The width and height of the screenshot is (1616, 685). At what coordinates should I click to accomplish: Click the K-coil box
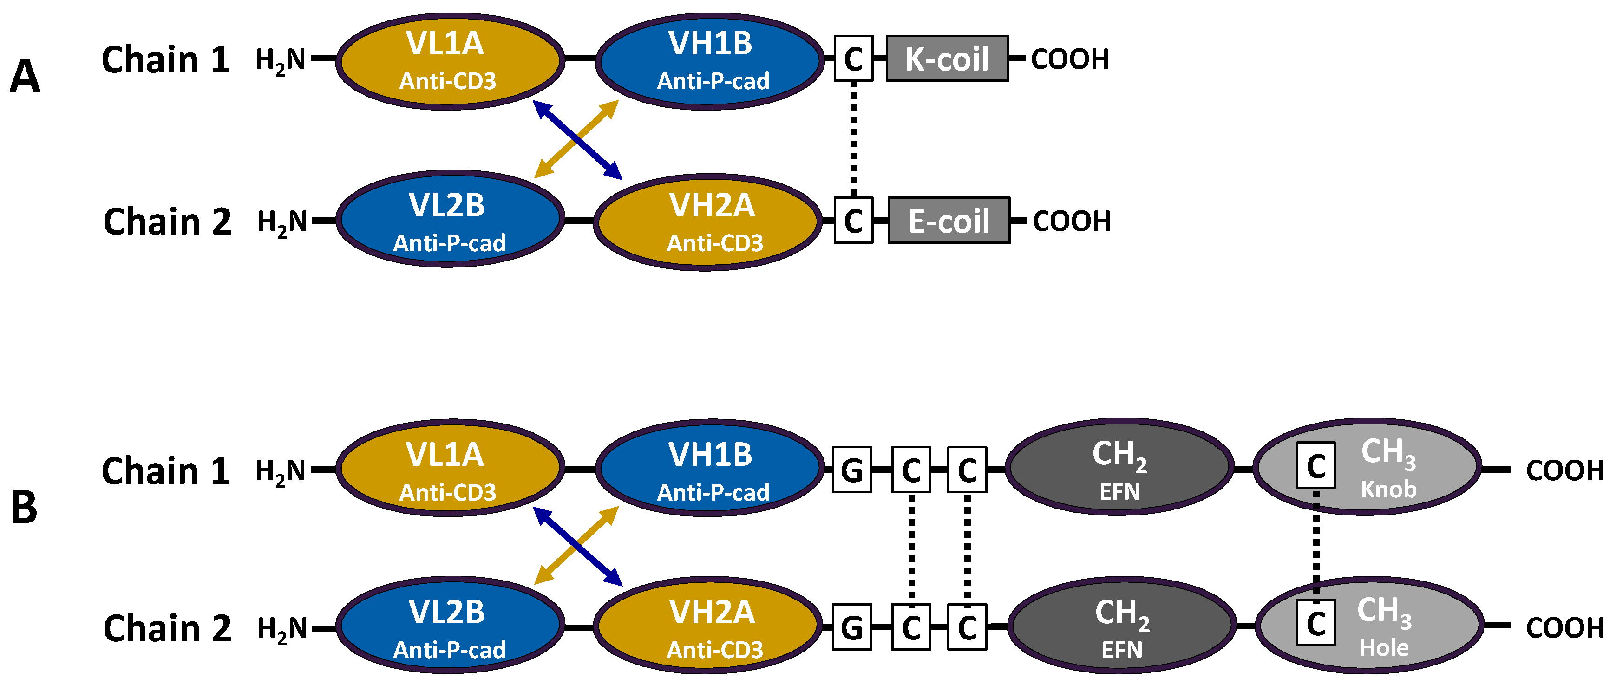click(x=947, y=59)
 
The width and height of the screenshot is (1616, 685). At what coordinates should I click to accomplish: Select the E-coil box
click(x=949, y=220)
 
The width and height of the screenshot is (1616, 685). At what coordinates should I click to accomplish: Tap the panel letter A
click(x=25, y=77)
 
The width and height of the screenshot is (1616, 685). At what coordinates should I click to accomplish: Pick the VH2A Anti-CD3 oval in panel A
click(x=707, y=222)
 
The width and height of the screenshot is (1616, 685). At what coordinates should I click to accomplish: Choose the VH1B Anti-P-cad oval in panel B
click(x=709, y=468)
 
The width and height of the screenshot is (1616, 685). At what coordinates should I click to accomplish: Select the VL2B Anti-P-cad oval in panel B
click(x=449, y=626)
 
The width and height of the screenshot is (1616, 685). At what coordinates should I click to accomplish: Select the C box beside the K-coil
click(x=853, y=59)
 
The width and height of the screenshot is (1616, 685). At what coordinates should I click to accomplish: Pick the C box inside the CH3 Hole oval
click(x=1315, y=622)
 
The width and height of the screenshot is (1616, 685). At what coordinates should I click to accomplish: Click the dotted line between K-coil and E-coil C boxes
click(x=853, y=139)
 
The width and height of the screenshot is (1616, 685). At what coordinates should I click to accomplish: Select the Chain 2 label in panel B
click(x=167, y=628)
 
